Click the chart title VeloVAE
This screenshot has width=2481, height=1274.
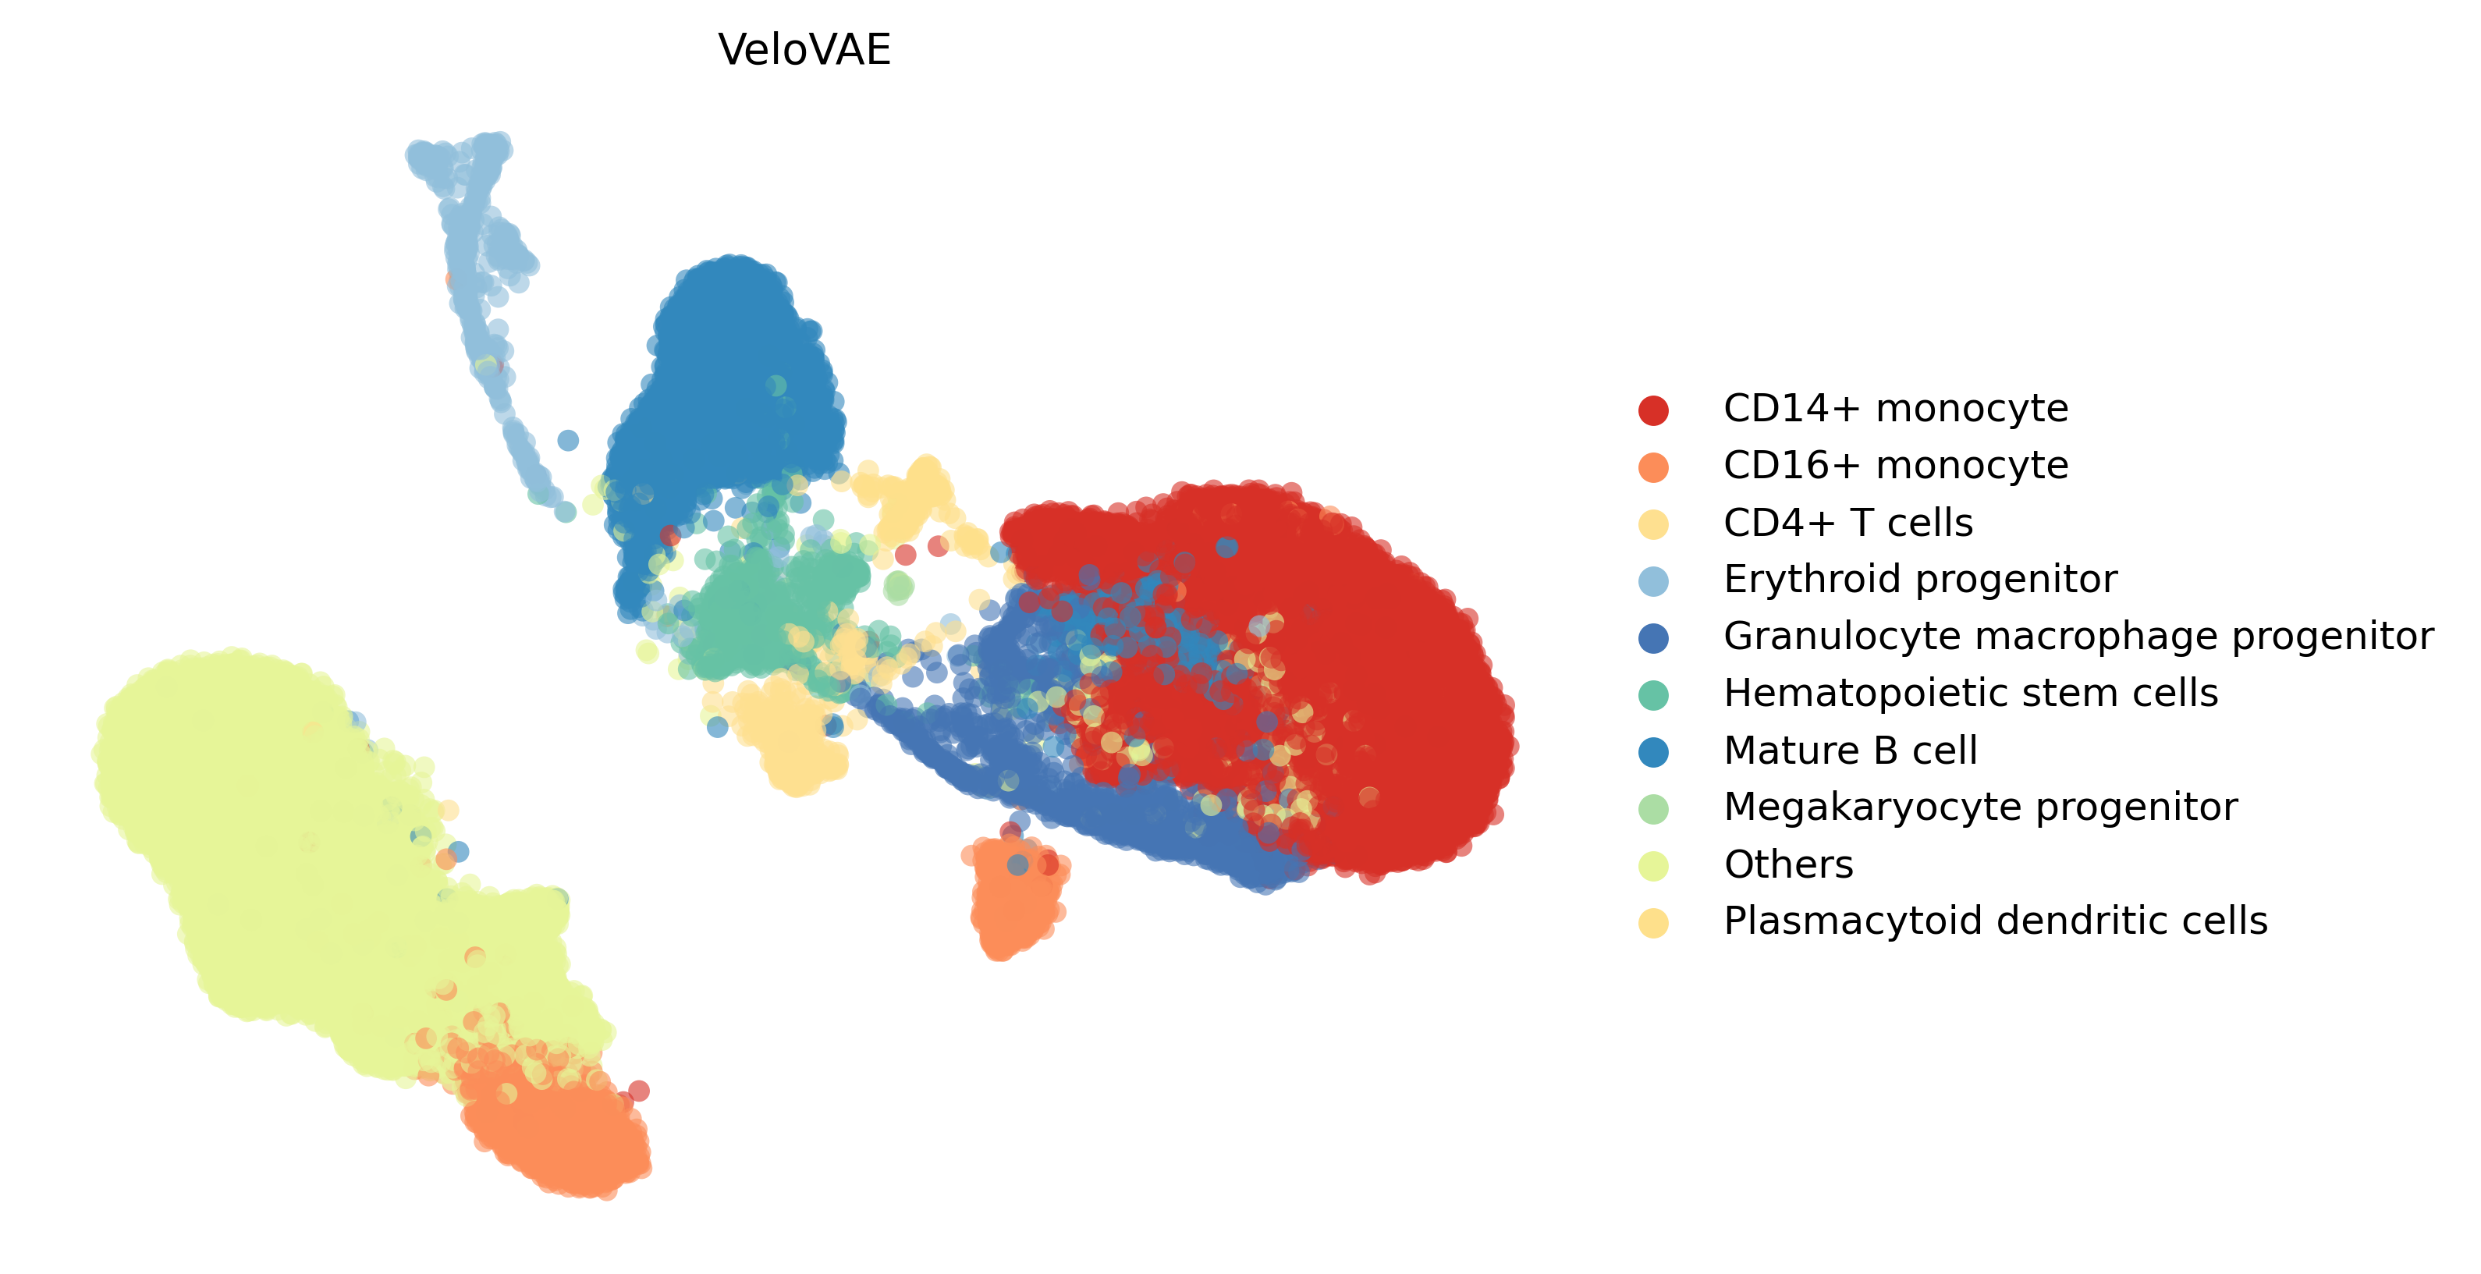(804, 50)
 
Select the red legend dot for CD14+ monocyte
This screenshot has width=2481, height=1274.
(1652, 410)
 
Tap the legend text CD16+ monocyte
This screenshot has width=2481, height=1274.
(1895, 466)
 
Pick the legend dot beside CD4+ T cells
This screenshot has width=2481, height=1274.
(1652, 523)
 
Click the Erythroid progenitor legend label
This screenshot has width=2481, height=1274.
(1919, 580)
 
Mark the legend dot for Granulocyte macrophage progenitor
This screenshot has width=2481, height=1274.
(1652, 637)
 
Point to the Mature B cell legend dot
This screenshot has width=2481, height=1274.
(1652, 751)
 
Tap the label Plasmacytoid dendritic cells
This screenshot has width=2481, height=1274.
(1995, 921)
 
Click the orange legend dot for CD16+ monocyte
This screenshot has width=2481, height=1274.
(1652, 467)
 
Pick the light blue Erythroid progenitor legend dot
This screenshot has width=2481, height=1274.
(1652, 580)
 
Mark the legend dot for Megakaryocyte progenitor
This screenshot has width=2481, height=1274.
(1652, 809)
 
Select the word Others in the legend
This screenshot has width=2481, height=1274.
(1788, 864)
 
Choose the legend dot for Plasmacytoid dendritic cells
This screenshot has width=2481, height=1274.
(1652, 922)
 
